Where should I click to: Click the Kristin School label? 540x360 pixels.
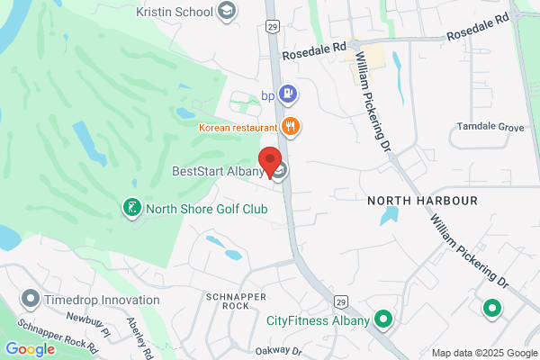pos(175,12)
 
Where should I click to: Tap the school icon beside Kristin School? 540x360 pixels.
pos(228,12)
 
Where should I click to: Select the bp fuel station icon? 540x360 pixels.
pos(288,93)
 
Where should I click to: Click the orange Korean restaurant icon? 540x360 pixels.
pos(290,126)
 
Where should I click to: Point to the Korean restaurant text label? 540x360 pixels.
pos(238,127)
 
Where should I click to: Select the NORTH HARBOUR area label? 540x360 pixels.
pos(422,199)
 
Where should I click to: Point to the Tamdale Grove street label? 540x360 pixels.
pos(490,128)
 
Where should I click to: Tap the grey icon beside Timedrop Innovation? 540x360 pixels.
pos(31,298)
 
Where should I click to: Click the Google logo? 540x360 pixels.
pos(31,349)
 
